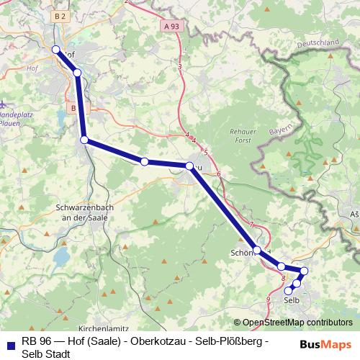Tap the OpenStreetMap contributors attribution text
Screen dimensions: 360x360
pyautogui.click(x=297, y=323)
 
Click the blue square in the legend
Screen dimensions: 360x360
pyautogui.click(x=9, y=341)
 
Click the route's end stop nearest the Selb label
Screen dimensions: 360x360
pyautogui.click(x=289, y=292)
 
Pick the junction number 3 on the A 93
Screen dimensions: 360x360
pyautogui.click(x=180, y=67)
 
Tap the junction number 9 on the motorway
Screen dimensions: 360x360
pyautogui.click(x=268, y=299)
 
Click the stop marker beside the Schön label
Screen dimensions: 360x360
pyautogui.click(x=257, y=250)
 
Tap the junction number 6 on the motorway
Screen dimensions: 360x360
pyautogui.click(x=217, y=175)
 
